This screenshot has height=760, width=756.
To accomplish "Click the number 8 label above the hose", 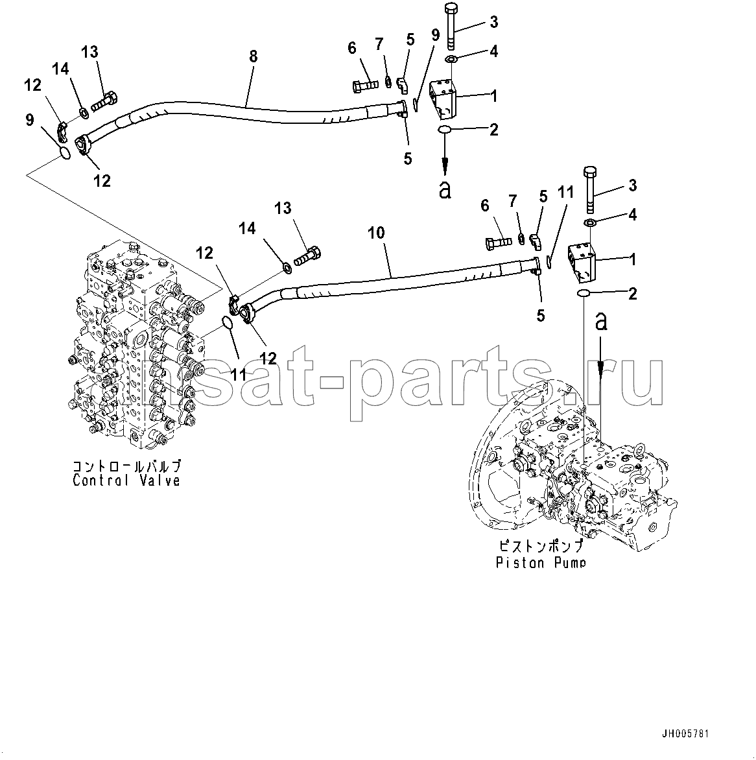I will (253, 56).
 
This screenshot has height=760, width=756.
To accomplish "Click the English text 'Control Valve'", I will (126, 481).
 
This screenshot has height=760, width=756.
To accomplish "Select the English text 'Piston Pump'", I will (540, 562).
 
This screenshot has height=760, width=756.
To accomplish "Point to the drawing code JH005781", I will (685, 734).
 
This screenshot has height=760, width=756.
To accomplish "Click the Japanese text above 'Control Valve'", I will (126, 467).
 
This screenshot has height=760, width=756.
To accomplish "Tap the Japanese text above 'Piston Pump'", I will (540, 548).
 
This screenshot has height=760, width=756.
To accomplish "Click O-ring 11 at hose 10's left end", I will (227, 322).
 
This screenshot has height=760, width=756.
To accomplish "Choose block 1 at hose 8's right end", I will (443, 99).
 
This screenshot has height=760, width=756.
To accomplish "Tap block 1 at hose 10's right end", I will (582, 263).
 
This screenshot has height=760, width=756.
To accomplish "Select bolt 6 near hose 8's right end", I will (366, 84).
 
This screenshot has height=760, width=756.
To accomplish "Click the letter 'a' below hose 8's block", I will (445, 189).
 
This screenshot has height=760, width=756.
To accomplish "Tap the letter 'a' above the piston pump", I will (600, 320).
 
